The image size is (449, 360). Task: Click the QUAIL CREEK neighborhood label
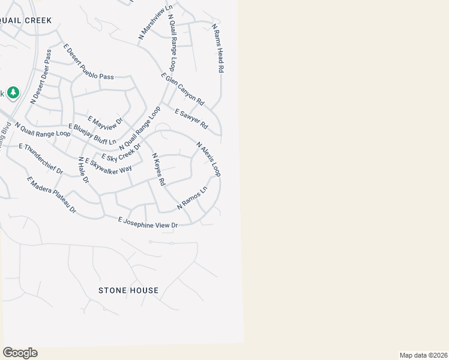(x=25, y=20)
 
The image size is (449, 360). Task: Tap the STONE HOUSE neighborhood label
(x=128, y=290)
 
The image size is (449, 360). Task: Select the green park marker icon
(x=13, y=93)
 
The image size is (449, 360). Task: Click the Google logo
(x=20, y=353)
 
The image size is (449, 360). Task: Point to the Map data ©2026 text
(x=423, y=355)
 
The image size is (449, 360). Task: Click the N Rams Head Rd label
(x=217, y=49)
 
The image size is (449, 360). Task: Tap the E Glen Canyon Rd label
(x=183, y=89)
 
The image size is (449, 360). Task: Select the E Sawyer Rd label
(x=191, y=119)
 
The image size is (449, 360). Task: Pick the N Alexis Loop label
(x=209, y=159)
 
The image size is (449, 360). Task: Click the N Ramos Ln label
(x=192, y=198)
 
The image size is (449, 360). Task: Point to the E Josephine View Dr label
(x=148, y=222)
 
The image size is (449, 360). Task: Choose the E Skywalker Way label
(x=108, y=166)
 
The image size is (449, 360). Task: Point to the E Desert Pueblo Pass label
(x=88, y=62)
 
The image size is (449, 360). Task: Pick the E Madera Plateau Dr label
(x=52, y=195)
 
